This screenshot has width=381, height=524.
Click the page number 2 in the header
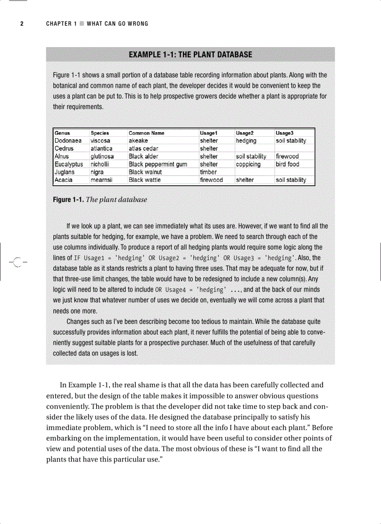(x=21, y=24)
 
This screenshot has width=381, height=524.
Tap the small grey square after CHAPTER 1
(x=82, y=24)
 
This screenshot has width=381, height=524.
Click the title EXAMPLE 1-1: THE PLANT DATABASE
(x=190, y=55)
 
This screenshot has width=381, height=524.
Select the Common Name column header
(x=146, y=133)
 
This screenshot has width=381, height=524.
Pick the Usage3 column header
(x=284, y=133)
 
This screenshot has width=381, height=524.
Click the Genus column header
(x=63, y=133)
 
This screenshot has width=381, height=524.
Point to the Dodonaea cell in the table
(x=68, y=140)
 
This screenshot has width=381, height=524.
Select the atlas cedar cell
(x=143, y=148)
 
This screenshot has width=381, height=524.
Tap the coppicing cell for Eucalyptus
(x=248, y=164)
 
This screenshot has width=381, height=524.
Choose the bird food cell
(x=287, y=164)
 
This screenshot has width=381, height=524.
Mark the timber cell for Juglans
(x=208, y=172)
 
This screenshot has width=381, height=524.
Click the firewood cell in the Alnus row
(x=287, y=156)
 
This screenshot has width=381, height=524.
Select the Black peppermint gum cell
(x=158, y=164)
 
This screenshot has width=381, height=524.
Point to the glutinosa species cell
(x=102, y=156)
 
